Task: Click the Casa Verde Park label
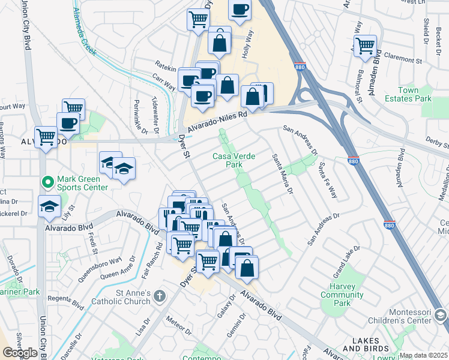(234, 160)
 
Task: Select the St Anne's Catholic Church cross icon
(159, 295)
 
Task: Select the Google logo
(20, 352)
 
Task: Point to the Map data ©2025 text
(423, 355)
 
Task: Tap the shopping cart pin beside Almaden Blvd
(365, 45)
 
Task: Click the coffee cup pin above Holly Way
(240, 10)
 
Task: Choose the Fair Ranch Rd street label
(159, 253)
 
